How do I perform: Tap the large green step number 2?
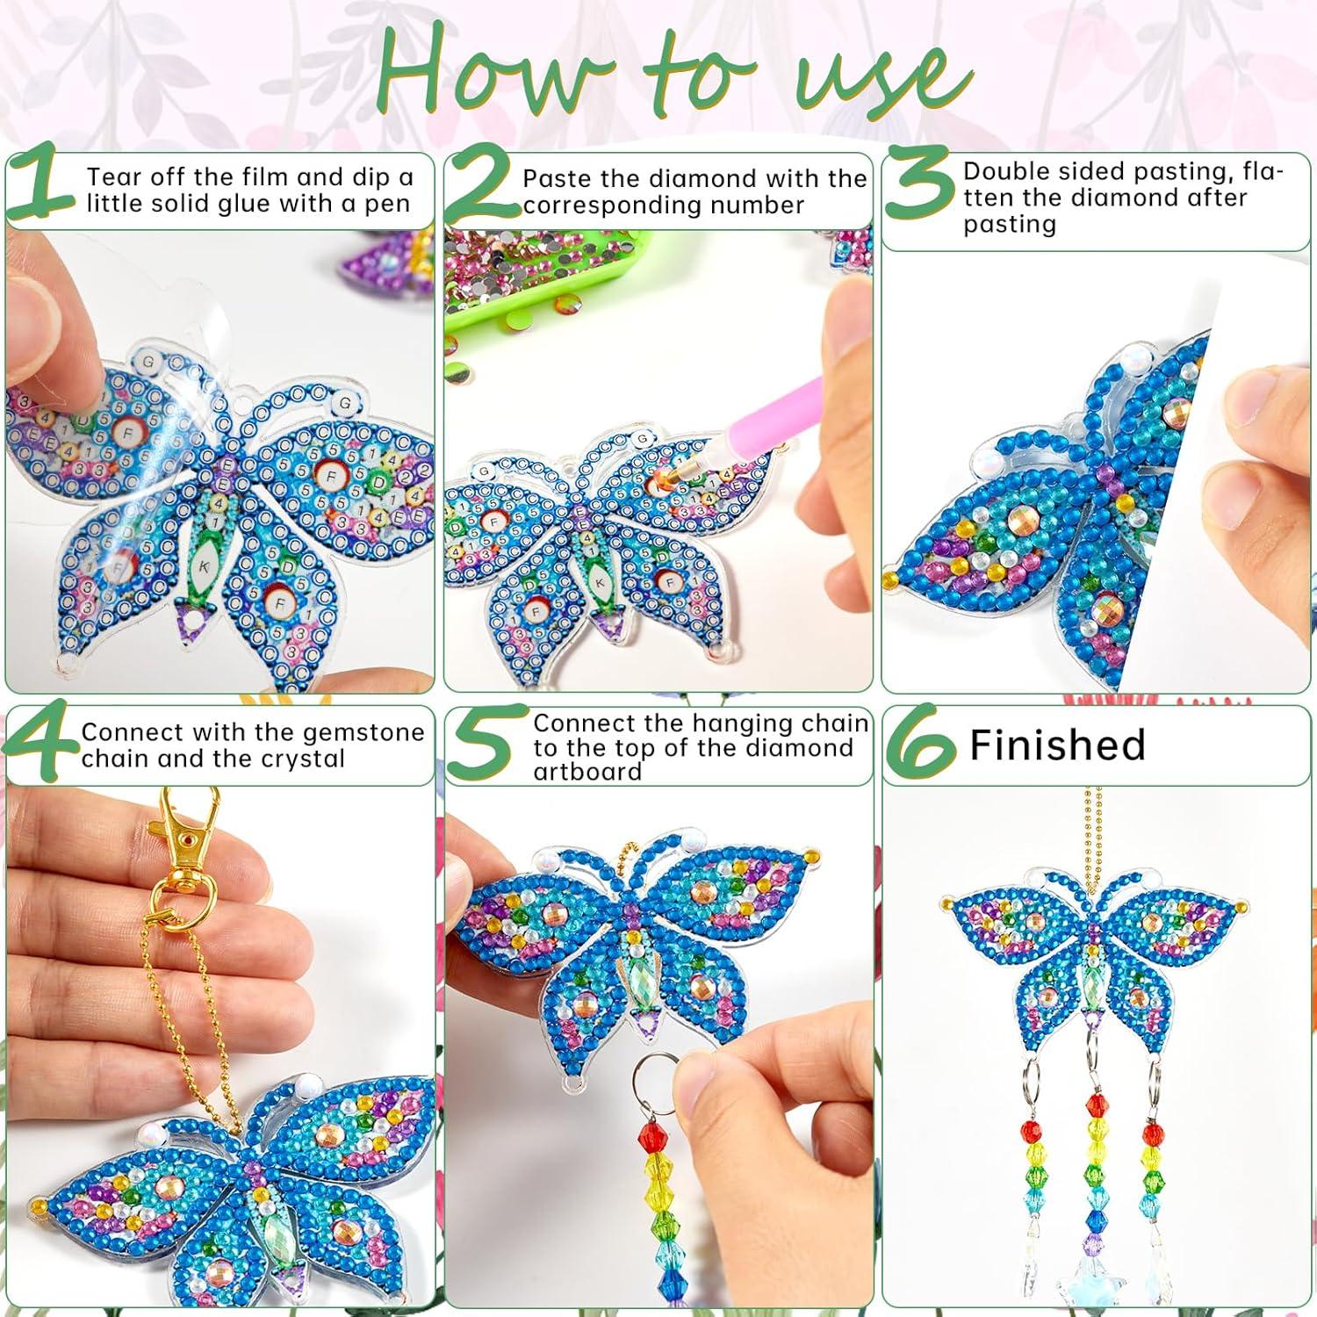pyautogui.click(x=481, y=187)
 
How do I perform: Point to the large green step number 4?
pyautogui.click(x=41, y=745)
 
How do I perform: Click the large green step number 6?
pyautogui.click(x=920, y=745)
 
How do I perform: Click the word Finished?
pyautogui.click(x=1057, y=745)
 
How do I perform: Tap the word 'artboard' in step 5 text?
pyautogui.click(x=587, y=772)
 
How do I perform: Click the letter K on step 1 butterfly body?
pyautogui.click(x=203, y=567)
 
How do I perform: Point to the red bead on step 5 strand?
pyautogui.click(x=651, y=1133)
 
